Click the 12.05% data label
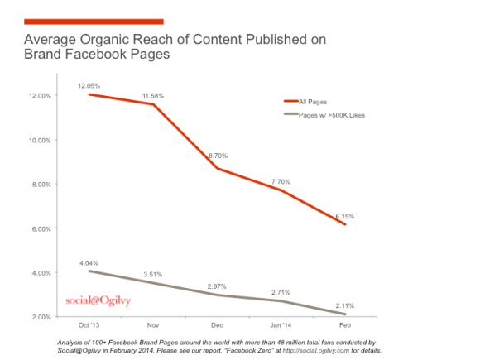89,85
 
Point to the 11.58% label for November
152,96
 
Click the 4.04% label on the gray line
89,262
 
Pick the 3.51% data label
152,274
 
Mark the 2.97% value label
218,286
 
